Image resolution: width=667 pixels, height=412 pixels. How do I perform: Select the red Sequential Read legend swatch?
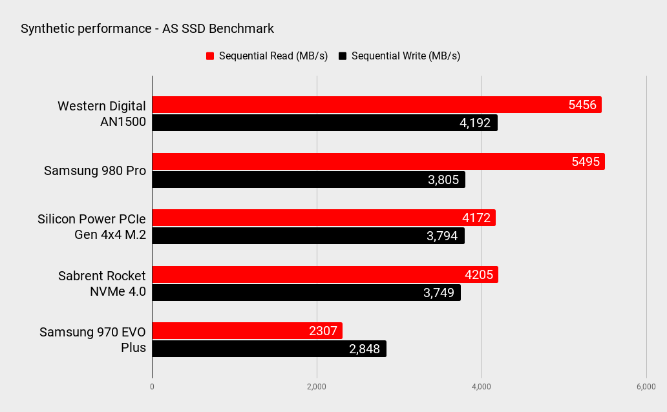[x=210, y=56]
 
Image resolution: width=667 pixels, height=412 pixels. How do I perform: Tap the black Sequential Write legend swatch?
[x=343, y=56]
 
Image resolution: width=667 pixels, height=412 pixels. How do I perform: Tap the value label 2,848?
[x=365, y=349]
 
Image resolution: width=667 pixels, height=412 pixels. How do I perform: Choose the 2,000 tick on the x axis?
[x=317, y=386]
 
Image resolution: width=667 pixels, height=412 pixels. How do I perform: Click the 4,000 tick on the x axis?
[x=482, y=386]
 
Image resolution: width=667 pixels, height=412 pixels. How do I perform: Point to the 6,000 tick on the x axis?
[x=646, y=386]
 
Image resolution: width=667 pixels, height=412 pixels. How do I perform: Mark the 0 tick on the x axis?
[x=152, y=386]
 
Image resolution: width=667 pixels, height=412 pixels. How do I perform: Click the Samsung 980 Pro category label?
[x=95, y=171]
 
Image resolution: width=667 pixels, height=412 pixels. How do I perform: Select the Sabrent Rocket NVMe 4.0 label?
[x=102, y=283]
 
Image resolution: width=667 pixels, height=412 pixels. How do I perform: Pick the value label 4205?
[x=479, y=275]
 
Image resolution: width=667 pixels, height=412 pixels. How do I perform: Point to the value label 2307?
[x=323, y=331]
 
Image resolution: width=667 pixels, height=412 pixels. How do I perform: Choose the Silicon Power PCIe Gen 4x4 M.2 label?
[x=92, y=227]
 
